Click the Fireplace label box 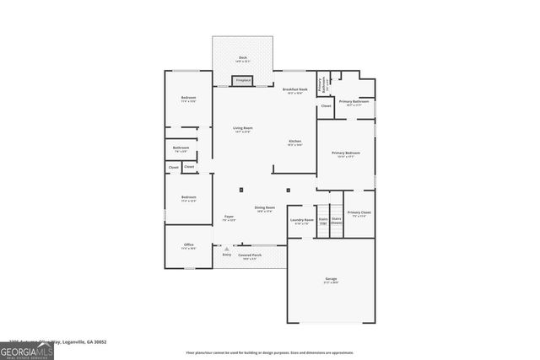coord(243,80)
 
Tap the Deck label coord(242,59)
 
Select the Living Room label coord(243,129)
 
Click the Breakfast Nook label coord(294,89)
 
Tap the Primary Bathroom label coord(354,103)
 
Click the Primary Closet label coord(359,214)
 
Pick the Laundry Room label coord(302,221)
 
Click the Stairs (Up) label coord(322,221)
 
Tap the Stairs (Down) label coord(336,221)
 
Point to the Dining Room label coord(265,209)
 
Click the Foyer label coord(229,218)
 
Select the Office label coord(189,246)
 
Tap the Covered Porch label coord(249,256)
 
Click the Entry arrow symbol coord(226,248)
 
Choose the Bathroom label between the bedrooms coord(181,149)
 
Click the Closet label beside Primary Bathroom coord(326,106)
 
